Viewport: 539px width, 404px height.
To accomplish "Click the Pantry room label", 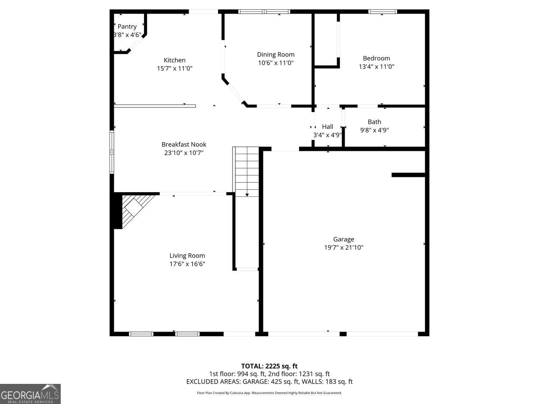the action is tap(127, 27).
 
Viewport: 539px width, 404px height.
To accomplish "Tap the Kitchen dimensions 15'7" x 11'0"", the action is tap(175, 68).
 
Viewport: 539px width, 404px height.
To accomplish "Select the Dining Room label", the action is tap(276, 55).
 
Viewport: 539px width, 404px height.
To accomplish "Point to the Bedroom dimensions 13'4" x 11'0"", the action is tap(377, 66).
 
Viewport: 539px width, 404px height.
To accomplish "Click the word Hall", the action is tap(328, 126).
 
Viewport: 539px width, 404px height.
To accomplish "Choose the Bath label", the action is tap(374, 122).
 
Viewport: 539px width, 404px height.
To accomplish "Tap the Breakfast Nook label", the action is tap(184, 144).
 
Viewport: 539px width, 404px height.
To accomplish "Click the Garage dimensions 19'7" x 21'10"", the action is tap(344, 247).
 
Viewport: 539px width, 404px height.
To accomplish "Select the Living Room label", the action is tap(187, 256).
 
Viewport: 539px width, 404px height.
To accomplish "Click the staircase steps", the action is tap(246, 171).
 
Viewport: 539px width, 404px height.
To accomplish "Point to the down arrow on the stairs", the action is tap(247, 195).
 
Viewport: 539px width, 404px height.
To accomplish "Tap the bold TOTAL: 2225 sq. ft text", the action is tap(269, 366).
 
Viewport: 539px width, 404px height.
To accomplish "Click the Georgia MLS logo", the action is tap(30, 394).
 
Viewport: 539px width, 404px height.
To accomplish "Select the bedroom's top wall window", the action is tap(382, 11).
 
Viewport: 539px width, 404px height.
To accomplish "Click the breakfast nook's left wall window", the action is tap(112, 152).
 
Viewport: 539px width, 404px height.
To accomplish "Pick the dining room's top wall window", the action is tap(264, 11).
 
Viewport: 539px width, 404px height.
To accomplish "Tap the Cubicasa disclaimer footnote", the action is tap(269, 393).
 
